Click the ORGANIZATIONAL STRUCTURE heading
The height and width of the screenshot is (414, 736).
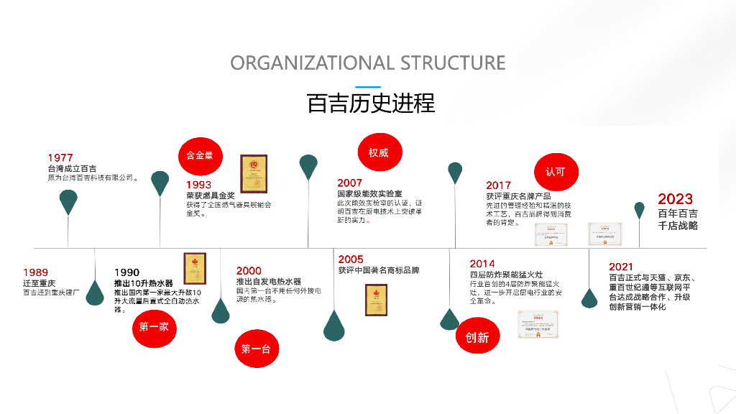tap(368, 63)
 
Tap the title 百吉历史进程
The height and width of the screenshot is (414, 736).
tap(371, 103)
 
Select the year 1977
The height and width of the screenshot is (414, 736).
tap(60, 158)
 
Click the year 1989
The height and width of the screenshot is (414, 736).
tap(35, 272)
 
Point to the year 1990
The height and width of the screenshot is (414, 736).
tap(126, 272)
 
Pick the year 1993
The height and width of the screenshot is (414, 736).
tap(198, 185)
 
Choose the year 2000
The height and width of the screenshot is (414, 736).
tap(249, 271)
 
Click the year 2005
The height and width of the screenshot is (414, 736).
tap(351, 259)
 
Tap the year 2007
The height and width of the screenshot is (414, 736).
tap(350, 183)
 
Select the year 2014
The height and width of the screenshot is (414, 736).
tap(482, 264)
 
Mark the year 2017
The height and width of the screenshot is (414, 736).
tap(498, 185)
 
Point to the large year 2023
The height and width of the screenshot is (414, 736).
tap(675, 199)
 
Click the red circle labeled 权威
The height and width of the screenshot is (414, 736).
tap(379, 153)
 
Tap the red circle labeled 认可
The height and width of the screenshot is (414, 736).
tap(556, 172)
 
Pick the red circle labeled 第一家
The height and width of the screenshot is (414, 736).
tap(154, 326)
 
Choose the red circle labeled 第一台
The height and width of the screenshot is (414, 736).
tap(255, 349)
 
